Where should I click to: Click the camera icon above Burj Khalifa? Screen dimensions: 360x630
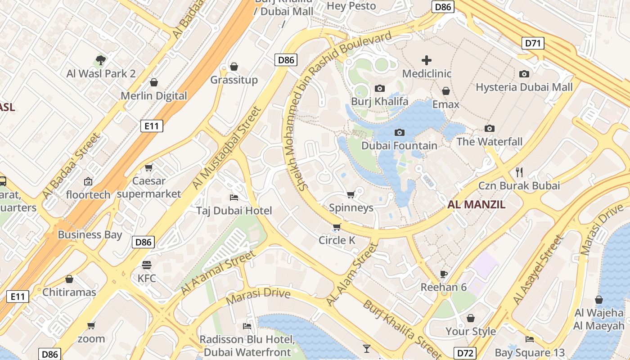coord(380,88)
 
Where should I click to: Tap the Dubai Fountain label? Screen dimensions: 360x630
coord(399,145)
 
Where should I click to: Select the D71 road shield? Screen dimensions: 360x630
coord(533,43)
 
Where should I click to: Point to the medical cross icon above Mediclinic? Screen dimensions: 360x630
coord(426,60)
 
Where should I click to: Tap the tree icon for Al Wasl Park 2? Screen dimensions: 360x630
coord(101,60)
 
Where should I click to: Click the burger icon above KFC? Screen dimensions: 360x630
coord(147,265)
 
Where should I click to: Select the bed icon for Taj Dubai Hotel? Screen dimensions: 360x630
coord(234,197)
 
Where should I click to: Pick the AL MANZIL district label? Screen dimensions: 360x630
coord(477,205)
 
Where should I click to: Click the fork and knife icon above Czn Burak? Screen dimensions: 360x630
coord(519,171)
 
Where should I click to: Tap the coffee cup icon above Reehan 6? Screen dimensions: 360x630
coord(444,274)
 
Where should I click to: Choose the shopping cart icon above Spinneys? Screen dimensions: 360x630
coord(351,194)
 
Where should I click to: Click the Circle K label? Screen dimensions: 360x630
coord(337,240)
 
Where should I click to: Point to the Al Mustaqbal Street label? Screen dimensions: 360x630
coord(226,148)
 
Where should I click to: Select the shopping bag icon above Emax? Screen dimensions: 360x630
coord(446,91)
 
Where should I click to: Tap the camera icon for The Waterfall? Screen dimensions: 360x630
coord(490,128)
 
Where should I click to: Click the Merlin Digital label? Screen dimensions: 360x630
coord(154,95)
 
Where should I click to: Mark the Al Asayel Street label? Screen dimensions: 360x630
coord(538,270)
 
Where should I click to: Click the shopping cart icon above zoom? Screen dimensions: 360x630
coord(91,325)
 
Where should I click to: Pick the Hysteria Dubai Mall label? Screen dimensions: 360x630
coord(524,87)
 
